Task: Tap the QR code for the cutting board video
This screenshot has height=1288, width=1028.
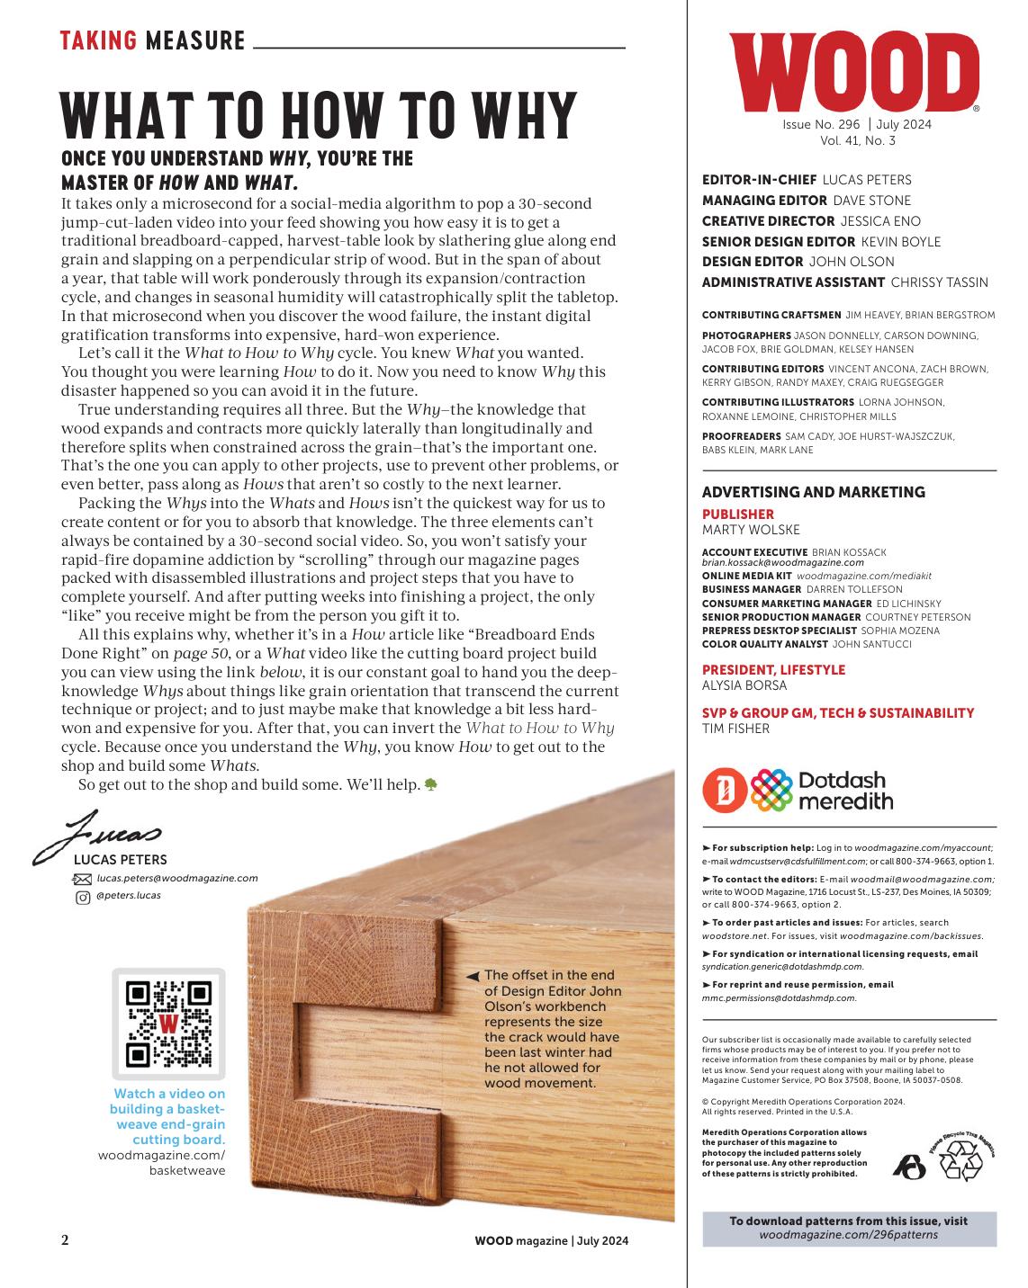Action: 168,1023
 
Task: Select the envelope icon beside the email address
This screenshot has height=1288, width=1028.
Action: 82,879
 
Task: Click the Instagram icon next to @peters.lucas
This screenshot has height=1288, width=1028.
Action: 82,897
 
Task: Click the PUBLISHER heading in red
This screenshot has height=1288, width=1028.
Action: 738,514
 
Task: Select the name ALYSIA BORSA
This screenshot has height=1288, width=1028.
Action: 744,685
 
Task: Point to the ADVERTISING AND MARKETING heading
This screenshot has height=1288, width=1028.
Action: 813,492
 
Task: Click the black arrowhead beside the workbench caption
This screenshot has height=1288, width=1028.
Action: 473,976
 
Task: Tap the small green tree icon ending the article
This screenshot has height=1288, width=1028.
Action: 430,784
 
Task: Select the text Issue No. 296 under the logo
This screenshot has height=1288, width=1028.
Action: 821,125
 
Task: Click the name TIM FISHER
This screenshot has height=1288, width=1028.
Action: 735,729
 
